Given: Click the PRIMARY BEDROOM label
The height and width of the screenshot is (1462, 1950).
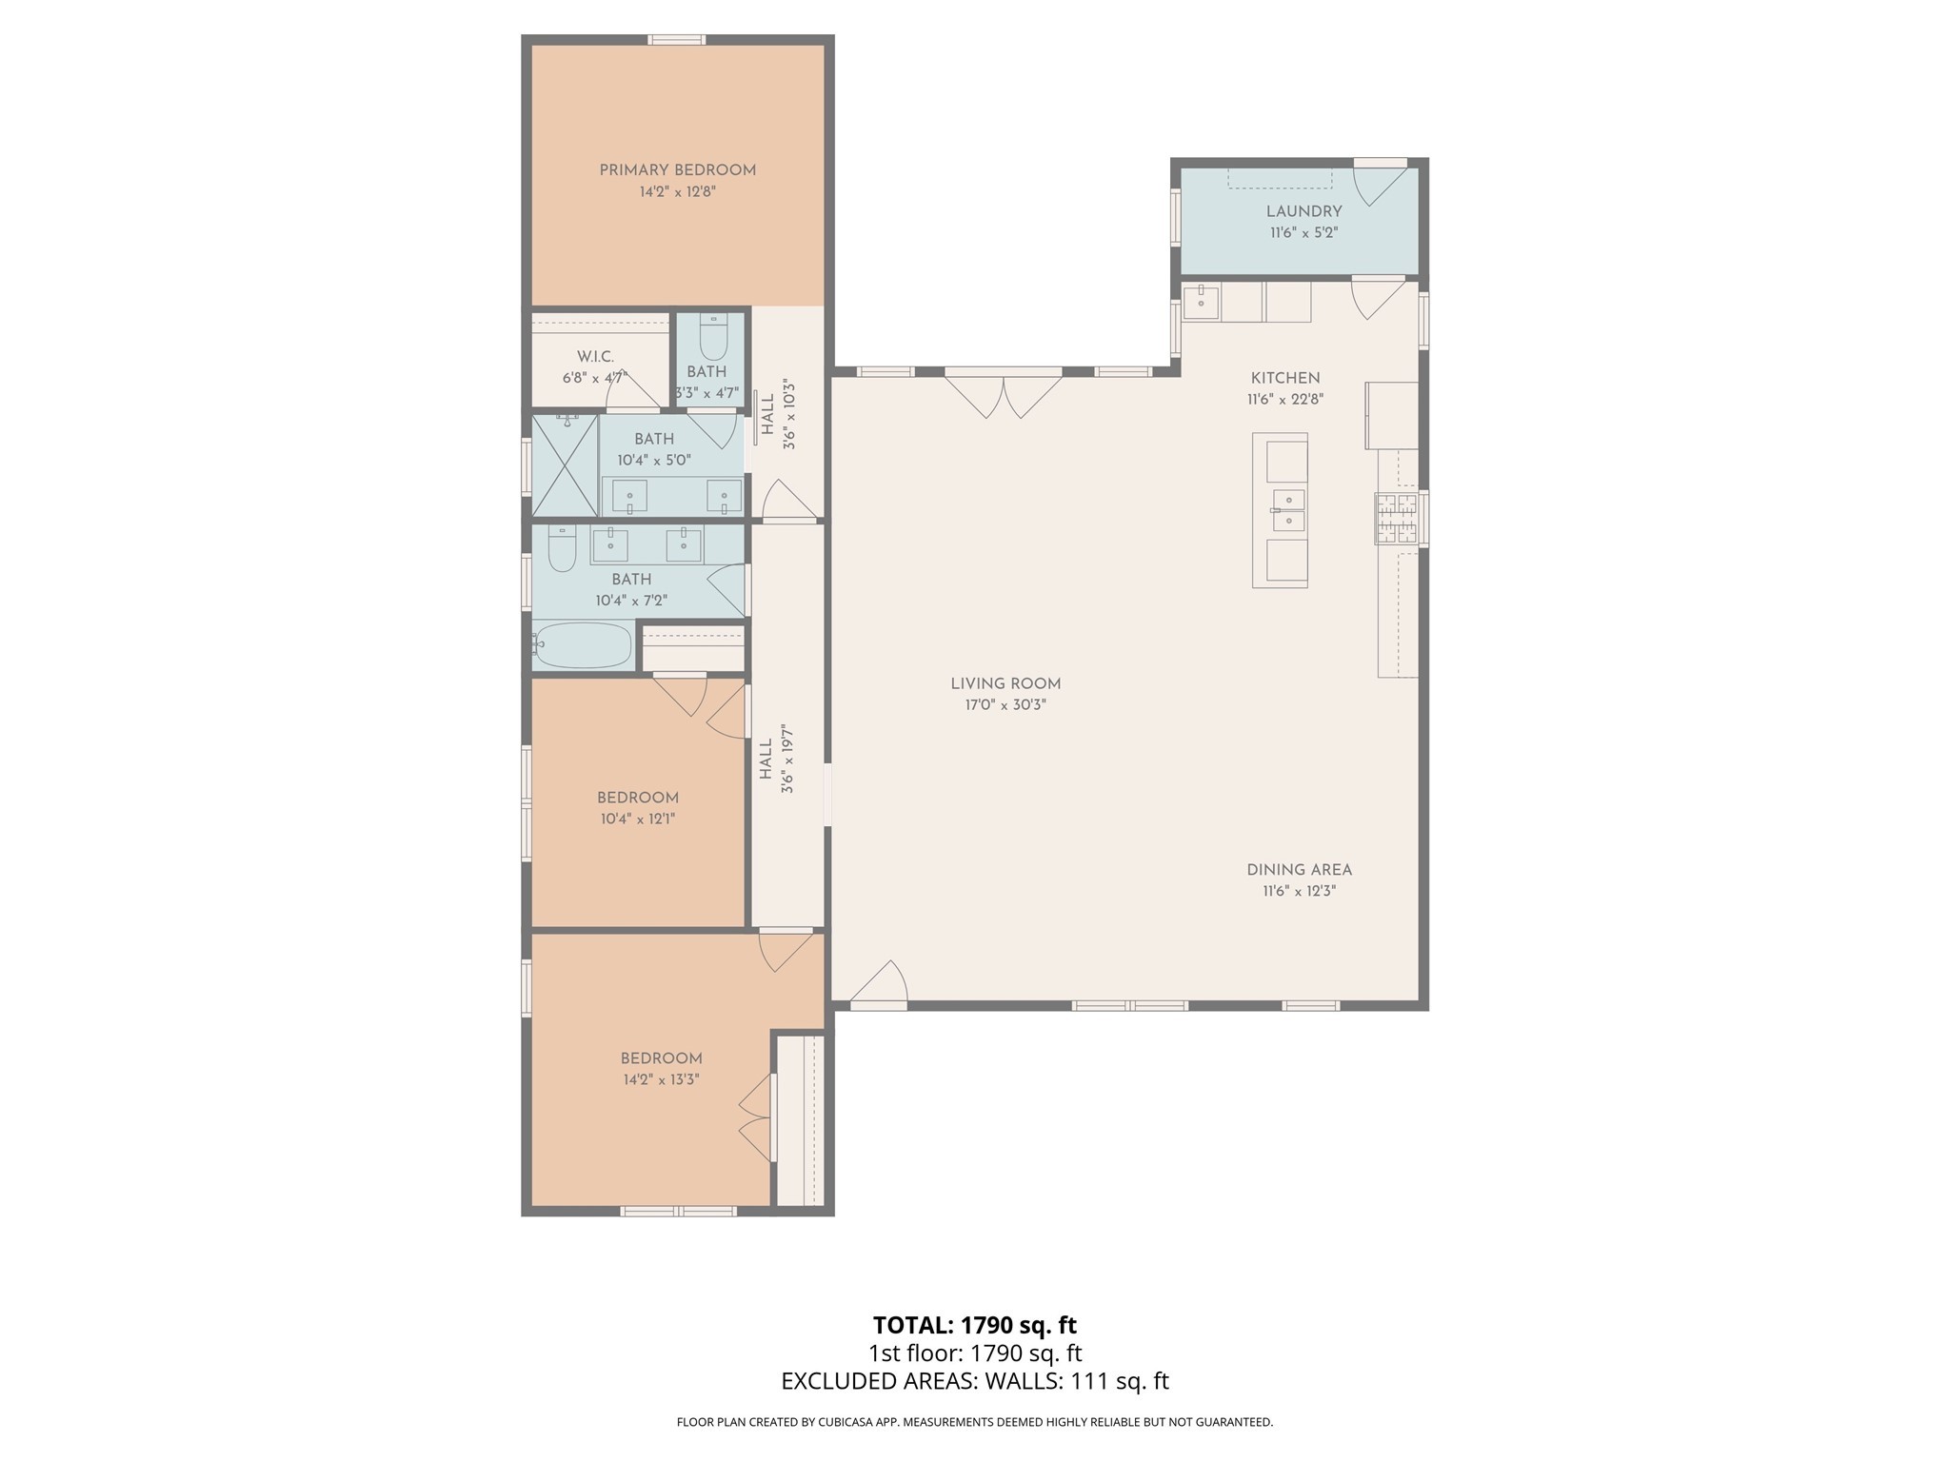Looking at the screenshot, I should point(677,170).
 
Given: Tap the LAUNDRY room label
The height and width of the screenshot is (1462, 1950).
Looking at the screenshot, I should point(1303,211).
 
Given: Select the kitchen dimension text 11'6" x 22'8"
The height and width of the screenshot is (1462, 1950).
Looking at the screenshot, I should point(1285,400).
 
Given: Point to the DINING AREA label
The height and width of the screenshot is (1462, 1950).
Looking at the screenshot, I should point(1299,870).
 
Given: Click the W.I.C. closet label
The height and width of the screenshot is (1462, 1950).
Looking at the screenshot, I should point(595,356).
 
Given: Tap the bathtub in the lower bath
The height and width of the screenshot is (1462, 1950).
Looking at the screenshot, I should point(583,645).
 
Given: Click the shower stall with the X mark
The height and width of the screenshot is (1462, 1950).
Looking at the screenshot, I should point(565,465).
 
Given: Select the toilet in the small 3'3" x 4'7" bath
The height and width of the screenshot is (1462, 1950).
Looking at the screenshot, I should point(713,336).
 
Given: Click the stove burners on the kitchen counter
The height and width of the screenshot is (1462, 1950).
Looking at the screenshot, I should point(1396,520).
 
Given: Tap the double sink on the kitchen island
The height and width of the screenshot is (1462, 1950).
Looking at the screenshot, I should point(1287,510).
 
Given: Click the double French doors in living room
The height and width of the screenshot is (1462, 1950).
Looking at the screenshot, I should point(1003,395).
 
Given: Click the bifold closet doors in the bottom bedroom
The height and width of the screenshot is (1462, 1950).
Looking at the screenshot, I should point(757,1118).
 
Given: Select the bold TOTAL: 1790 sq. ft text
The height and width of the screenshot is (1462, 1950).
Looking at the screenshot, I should point(974,1325).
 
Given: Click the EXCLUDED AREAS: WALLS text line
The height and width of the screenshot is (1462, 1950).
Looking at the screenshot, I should point(974,1381).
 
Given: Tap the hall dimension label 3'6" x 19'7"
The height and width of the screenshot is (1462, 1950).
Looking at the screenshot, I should point(787,759).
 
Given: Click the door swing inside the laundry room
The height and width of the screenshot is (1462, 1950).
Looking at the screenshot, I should point(1378,187).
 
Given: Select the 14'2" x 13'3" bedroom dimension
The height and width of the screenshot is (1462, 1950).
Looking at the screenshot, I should point(661,1079).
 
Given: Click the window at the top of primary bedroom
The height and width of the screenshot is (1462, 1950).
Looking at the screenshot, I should point(677,40).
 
